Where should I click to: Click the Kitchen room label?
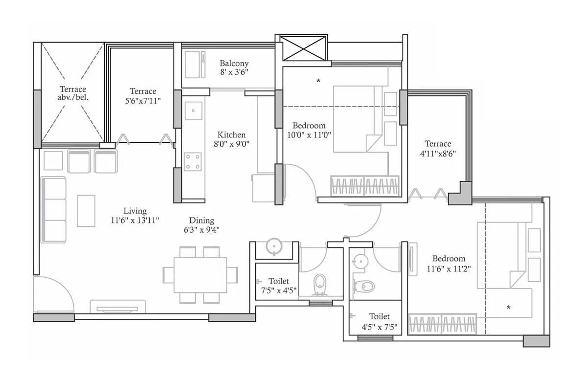(x=231, y=139)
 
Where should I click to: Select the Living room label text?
(x=135, y=216)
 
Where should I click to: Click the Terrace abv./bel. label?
(x=73, y=93)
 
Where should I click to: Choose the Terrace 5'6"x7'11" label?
(x=143, y=96)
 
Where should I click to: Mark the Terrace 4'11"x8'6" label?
(x=438, y=148)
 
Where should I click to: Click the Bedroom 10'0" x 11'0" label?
(x=309, y=131)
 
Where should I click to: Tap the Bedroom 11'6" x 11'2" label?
(x=449, y=264)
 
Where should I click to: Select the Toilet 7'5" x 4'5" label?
(x=278, y=286)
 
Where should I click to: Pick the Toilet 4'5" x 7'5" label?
(x=379, y=321)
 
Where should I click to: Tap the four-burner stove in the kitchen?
(x=192, y=161)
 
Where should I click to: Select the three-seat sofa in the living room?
(x=54, y=210)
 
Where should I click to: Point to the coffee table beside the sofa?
(x=86, y=211)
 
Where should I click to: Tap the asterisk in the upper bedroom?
(x=318, y=81)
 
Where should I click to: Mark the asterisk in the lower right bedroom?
(x=509, y=308)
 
